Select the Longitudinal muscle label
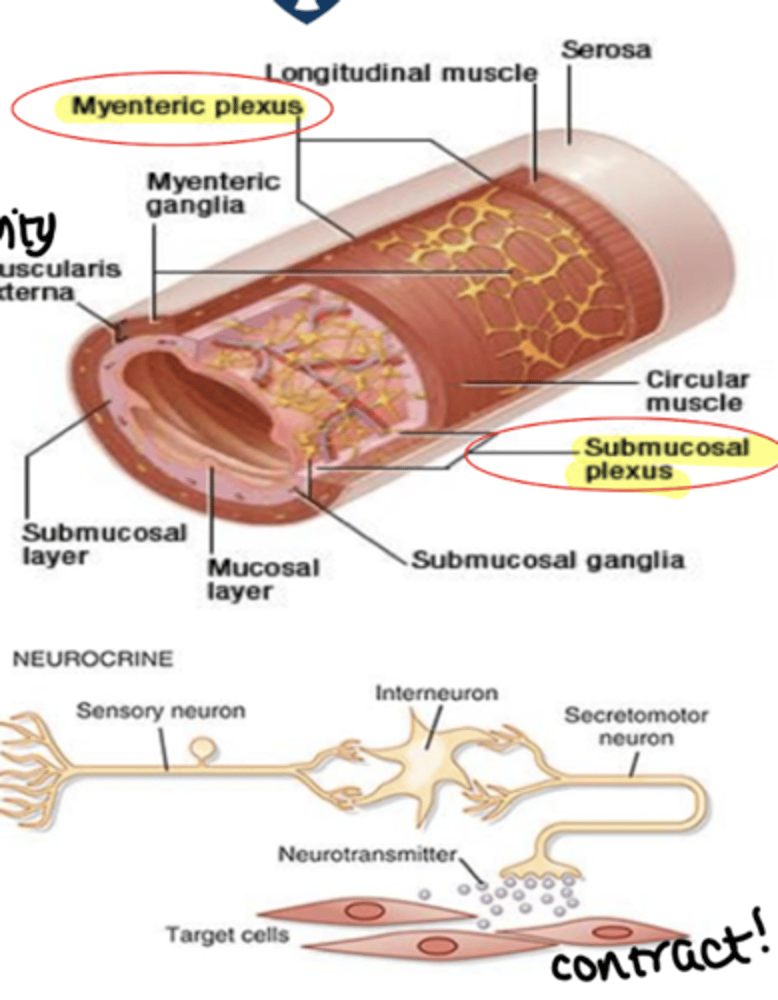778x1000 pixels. click(x=401, y=73)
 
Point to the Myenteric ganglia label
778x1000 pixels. click(x=213, y=192)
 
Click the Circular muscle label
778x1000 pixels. click(x=697, y=391)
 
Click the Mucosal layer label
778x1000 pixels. click(x=263, y=579)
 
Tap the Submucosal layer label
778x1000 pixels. click(x=104, y=543)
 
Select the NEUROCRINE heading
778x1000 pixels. click(x=93, y=659)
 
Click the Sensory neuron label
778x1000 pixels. click(x=161, y=711)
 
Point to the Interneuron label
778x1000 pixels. click(x=435, y=692)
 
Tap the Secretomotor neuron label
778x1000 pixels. click(x=635, y=726)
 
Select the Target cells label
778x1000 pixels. click(x=228, y=935)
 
